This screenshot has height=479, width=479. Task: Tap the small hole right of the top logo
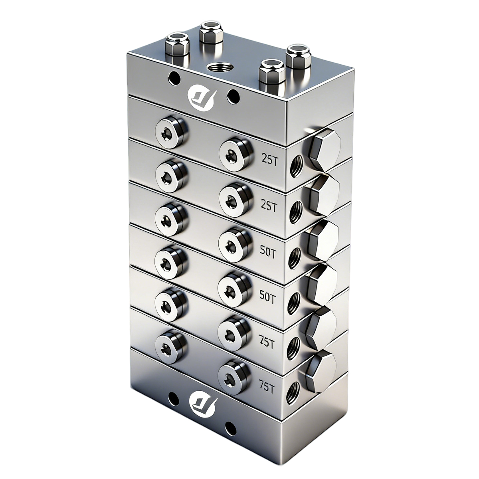(x=233, y=95)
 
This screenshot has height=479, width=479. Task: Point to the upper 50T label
(x=267, y=253)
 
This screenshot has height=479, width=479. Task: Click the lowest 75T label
(x=267, y=387)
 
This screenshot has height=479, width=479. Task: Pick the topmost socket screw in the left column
(x=172, y=133)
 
